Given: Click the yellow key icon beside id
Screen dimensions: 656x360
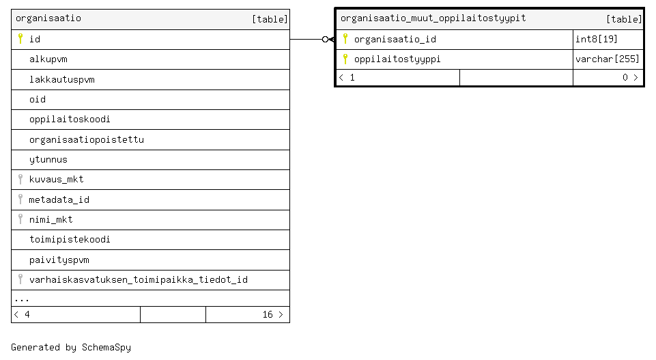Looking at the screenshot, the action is pos(20,38).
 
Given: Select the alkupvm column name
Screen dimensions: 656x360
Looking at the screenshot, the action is pos(48,59).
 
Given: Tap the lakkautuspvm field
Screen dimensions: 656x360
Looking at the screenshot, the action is pos(62,79).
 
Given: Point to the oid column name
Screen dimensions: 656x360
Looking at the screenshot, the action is pos(38,99).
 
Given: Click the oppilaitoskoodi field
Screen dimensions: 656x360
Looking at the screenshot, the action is pos(70,120).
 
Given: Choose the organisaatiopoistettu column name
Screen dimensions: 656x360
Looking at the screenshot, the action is pos(87,139).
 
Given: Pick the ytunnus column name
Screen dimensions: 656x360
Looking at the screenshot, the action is pos(48,159).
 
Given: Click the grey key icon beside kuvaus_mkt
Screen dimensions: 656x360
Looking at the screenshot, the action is pos(20,179).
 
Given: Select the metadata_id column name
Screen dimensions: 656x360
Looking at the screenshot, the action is pos(59,199).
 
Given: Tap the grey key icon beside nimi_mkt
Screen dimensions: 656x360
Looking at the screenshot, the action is pos(20,219).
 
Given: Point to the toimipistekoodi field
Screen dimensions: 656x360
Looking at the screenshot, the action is pos(70,240).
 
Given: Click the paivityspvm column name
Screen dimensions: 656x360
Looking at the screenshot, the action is pos(59,260).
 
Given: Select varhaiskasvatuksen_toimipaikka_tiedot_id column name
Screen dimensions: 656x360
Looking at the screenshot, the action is pos(139,279).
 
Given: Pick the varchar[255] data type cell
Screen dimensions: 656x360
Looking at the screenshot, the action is pos(608,59).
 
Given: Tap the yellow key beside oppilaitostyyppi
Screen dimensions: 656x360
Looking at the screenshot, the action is pos(345,59).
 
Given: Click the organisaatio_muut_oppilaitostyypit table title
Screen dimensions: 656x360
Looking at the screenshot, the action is pos(433,18).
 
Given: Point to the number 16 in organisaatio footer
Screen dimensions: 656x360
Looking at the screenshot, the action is pos(268,314).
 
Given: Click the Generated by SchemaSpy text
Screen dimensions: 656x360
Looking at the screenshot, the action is pos(71,347).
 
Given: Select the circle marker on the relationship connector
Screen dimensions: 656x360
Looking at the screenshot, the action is pos(325,40).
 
